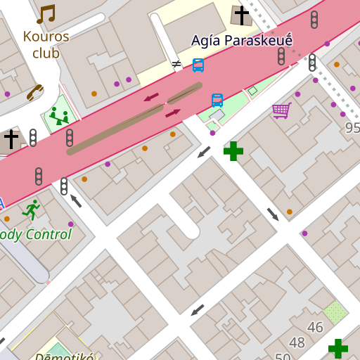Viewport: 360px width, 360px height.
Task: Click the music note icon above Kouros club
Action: click(x=46, y=14)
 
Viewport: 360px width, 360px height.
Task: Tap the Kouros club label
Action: click(x=46, y=44)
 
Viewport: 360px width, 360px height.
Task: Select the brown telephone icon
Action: click(x=34, y=92)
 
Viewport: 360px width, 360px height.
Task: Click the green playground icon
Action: click(x=59, y=115)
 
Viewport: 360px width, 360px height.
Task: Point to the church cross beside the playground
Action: click(x=11, y=139)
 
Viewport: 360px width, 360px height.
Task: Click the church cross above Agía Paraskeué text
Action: click(x=242, y=15)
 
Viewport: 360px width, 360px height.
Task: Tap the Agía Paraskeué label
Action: click(x=241, y=41)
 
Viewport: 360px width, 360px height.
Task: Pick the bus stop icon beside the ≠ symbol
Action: click(x=198, y=65)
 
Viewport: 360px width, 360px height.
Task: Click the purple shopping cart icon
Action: click(x=281, y=110)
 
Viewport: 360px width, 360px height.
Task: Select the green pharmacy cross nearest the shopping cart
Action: click(x=233, y=150)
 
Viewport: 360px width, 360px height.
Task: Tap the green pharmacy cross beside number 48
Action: click(x=337, y=348)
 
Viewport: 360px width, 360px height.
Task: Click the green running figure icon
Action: click(x=30, y=209)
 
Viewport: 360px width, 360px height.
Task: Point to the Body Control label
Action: click(x=35, y=234)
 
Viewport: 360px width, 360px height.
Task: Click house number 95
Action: click(x=352, y=128)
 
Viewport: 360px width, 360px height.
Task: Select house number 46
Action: click(x=315, y=327)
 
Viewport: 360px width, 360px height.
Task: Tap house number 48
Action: click(x=297, y=342)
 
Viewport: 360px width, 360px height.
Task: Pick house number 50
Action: click(x=283, y=356)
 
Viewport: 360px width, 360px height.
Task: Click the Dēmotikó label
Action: click(x=64, y=356)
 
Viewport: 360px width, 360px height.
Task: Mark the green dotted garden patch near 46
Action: click(x=335, y=311)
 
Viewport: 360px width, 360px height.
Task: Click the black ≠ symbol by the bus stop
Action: click(x=176, y=64)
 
